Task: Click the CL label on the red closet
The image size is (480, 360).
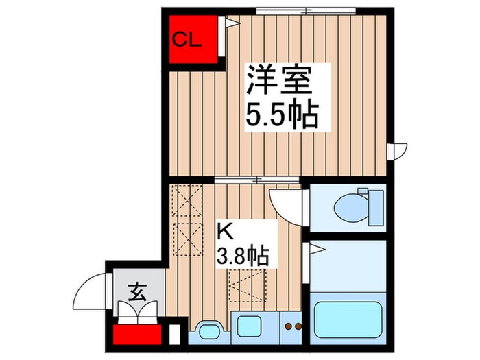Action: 187,39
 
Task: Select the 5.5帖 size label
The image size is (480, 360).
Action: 283,115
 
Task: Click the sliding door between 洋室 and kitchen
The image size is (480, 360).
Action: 257,180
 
